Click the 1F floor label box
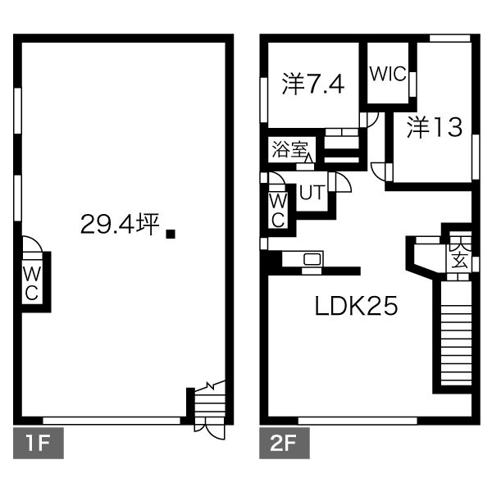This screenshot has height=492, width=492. pyautogui.click(x=39, y=443)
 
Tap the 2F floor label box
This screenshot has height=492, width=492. pyautogui.click(x=285, y=443)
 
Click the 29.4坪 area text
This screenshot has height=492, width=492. pyautogui.click(x=121, y=225)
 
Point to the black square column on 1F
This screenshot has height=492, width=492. pyautogui.click(x=171, y=234)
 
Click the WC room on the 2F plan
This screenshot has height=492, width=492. pyautogui.click(x=278, y=210)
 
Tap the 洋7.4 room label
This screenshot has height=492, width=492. pyautogui.click(x=313, y=84)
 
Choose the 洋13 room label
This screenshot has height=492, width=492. pyautogui.click(x=435, y=127)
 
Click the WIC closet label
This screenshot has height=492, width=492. pyautogui.click(x=388, y=74)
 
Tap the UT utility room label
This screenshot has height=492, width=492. pyautogui.click(x=312, y=193)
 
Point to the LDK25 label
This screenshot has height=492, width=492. pyautogui.click(x=356, y=306)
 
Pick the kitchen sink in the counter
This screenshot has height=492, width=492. pyautogui.click(x=312, y=259)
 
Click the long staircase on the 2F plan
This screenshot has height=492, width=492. pyautogui.click(x=456, y=333)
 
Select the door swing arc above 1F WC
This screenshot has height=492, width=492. pyautogui.click(x=32, y=244)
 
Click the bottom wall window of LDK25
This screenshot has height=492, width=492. pyautogui.click(x=358, y=421)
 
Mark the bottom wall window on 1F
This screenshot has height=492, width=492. pyautogui.click(x=112, y=421)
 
